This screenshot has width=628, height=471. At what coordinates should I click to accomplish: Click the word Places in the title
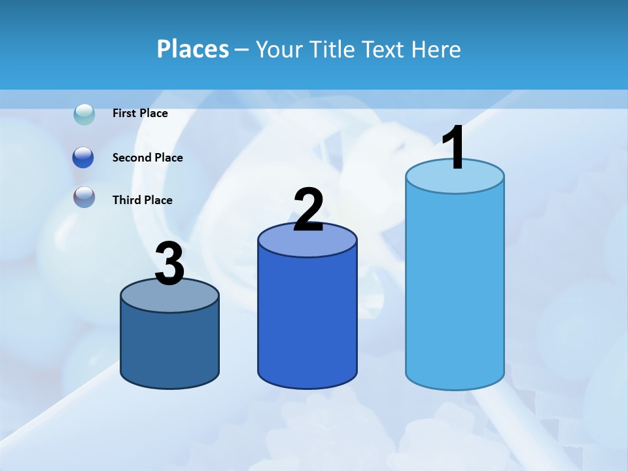point(193,49)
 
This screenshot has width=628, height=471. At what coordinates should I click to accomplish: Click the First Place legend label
point(140,113)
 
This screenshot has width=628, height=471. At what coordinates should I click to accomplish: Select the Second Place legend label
point(147,158)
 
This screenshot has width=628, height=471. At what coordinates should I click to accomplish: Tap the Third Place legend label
point(142,200)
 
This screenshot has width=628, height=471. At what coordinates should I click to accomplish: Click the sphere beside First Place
point(84,114)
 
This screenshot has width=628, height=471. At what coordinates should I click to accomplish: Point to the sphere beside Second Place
point(84,158)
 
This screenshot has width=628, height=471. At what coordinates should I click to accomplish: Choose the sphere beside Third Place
point(84,197)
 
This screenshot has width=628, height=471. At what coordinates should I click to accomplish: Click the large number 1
point(453,148)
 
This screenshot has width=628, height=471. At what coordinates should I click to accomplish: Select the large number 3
point(169,264)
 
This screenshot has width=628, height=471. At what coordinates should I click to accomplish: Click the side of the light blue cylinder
point(455,288)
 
